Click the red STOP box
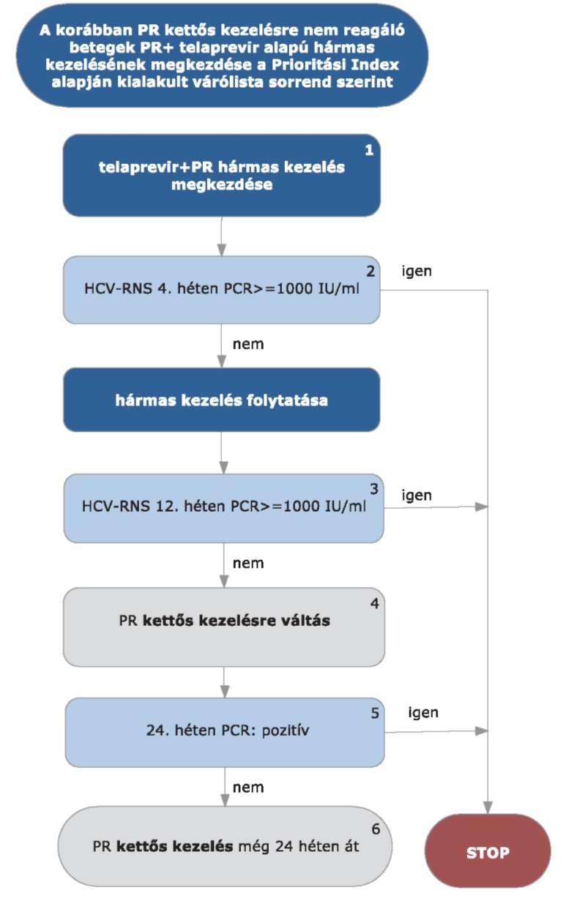coord(488,852)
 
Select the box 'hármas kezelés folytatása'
coord(222,400)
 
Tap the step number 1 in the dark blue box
coord(369,150)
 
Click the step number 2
coord(370,271)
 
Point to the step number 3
coord(374,489)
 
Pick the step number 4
coord(374,603)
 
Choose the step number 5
coord(375,713)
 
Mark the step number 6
coord(376,829)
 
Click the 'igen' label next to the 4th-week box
coord(417,272)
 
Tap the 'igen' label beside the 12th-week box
coord(417,496)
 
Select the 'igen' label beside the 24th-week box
coord(423,713)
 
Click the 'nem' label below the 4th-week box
coord(248,345)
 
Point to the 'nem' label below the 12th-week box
coord(248,564)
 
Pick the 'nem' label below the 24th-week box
coord(248,788)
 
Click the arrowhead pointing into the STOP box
coord(488,808)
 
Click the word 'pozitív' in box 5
coord(286,730)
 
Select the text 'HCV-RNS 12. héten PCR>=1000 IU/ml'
coord(223,506)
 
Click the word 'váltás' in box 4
coord(305,620)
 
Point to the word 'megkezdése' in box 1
coord(222,184)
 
